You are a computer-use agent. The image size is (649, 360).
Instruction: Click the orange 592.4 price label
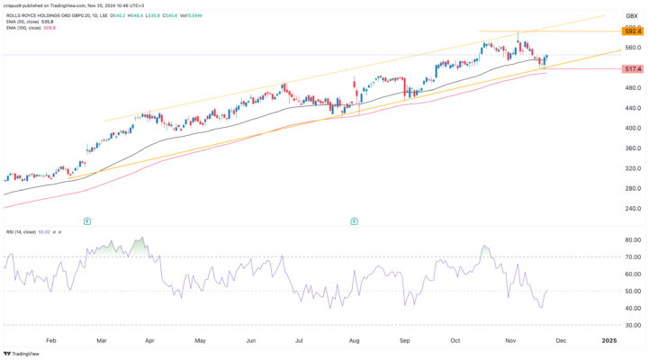click(632, 31)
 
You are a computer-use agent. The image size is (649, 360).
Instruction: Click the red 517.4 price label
click(632, 68)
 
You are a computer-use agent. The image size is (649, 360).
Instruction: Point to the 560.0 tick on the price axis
click(632, 48)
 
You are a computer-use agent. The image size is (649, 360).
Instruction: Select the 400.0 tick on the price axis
click(632, 128)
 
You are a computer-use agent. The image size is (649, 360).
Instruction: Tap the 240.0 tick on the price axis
click(632, 209)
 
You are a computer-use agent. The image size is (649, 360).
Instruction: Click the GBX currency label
click(631, 16)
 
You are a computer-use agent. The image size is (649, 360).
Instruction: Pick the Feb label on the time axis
click(50, 342)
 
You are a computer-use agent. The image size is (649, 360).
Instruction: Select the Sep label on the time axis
click(405, 342)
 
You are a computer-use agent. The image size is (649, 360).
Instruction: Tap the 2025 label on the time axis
click(609, 342)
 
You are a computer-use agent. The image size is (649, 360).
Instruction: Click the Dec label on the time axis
click(559, 342)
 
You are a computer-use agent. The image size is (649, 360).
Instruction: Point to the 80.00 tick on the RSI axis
click(632, 241)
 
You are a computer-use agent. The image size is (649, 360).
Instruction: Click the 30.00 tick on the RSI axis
click(632, 325)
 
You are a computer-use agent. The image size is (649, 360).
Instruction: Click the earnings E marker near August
click(354, 220)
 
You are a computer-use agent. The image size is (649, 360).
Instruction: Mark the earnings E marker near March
click(86, 220)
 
